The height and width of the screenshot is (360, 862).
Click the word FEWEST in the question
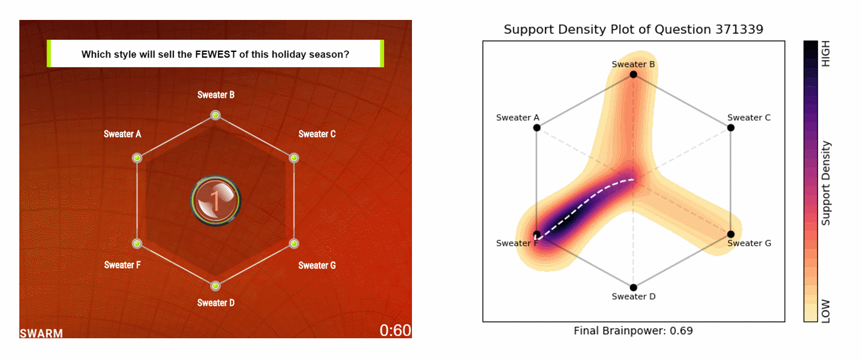tap(216, 54)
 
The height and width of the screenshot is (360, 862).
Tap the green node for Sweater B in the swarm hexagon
tap(215, 115)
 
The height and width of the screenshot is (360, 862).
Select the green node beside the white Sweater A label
tap(137, 158)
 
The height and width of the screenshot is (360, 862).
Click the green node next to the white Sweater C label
tap(294, 158)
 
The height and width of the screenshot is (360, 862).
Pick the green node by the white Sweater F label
tap(137, 243)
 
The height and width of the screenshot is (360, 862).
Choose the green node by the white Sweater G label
tap(294, 243)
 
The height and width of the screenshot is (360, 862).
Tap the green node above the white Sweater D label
tap(215, 286)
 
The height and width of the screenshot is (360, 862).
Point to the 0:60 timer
tap(395, 330)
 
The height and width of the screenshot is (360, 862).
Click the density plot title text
tap(633, 29)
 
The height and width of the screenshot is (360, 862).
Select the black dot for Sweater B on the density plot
tap(633, 74)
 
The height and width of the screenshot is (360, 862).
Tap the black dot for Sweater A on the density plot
tap(536, 127)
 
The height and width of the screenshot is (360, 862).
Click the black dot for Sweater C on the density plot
tap(730, 127)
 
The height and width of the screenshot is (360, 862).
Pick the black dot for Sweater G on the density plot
tap(730, 234)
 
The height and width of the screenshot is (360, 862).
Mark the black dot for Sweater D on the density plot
tap(633, 288)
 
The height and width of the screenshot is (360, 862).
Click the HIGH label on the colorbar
tap(826, 54)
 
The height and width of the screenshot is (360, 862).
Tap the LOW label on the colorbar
tap(826, 310)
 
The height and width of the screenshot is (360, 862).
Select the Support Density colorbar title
tap(826, 183)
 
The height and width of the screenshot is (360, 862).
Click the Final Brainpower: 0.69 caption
tap(633, 331)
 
